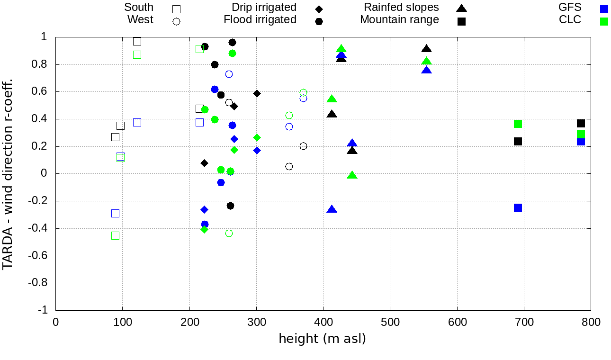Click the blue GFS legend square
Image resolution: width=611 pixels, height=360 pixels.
tap(603, 9)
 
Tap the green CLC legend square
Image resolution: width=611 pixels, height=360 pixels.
tap(603, 21)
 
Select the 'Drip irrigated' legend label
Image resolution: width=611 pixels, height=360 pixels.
tap(264, 8)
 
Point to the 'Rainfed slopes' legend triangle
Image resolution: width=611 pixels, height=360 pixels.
tap(461, 8)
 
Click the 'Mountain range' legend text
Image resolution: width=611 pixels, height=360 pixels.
tap(399, 20)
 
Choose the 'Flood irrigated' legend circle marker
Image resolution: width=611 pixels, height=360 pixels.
tap(319, 21)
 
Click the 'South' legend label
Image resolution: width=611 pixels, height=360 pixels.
tap(139, 8)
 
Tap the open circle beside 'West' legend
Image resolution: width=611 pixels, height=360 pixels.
tap(177, 21)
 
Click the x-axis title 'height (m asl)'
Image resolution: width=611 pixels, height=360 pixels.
tap(322, 339)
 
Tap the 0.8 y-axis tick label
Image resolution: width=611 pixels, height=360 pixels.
tap(45, 64)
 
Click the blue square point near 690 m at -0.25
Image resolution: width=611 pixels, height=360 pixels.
tap(518, 207)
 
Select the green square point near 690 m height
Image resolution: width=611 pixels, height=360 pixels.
tap(518, 124)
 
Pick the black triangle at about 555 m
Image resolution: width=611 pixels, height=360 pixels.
tap(426, 49)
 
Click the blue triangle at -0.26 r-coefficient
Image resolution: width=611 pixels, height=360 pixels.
tap(332, 209)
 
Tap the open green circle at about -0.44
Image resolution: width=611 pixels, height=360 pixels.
tap(229, 233)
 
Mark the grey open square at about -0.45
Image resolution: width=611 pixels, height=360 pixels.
tap(115, 235)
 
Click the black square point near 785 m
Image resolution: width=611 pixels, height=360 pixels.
tap(581, 124)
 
